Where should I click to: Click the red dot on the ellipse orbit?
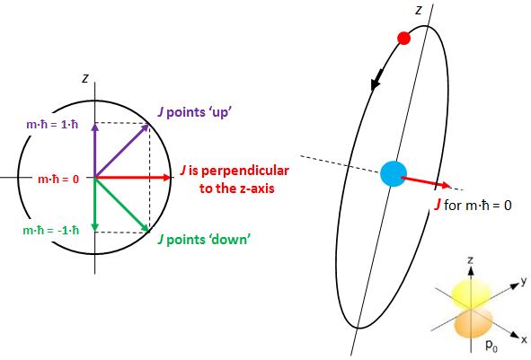[x=403, y=38]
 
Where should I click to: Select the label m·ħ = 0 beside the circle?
[x=55, y=179]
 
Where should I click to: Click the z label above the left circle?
[x=84, y=78]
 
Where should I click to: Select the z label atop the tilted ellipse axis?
[x=418, y=10]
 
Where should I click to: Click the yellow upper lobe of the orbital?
[x=467, y=289]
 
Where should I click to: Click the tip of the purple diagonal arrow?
[x=149, y=125]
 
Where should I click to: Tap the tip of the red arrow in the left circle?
[x=171, y=178]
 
